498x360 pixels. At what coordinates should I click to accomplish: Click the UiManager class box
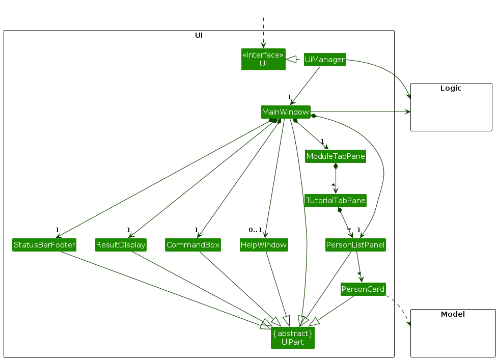tap(325, 60)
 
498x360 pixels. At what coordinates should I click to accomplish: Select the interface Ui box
tap(263, 60)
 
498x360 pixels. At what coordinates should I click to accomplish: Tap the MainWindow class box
tap(285, 112)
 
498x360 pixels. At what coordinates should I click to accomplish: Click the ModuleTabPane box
tap(336, 156)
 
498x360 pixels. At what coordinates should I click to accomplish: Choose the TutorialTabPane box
tap(336, 201)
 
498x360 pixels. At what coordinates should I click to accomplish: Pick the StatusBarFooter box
tap(44, 245)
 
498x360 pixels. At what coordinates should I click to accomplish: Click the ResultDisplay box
tap(121, 245)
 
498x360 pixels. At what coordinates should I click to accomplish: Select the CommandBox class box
tap(193, 245)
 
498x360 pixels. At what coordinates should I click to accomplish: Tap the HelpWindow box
tap(264, 245)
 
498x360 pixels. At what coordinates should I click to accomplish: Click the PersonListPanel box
tap(355, 245)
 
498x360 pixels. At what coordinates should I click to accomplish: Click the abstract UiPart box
tap(292, 338)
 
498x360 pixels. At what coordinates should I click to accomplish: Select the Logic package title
tap(451, 88)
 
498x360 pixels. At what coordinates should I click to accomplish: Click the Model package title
tap(453, 314)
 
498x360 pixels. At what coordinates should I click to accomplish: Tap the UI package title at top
tap(199, 35)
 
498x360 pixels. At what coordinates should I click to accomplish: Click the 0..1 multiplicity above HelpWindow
tap(256, 230)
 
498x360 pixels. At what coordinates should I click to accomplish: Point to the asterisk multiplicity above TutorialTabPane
tap(333, 185)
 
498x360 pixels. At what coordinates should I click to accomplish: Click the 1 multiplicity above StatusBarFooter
tap(58, 230)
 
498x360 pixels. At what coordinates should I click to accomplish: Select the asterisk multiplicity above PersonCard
tap(359, 274)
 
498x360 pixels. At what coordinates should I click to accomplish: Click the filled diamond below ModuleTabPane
tap(336, 166)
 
